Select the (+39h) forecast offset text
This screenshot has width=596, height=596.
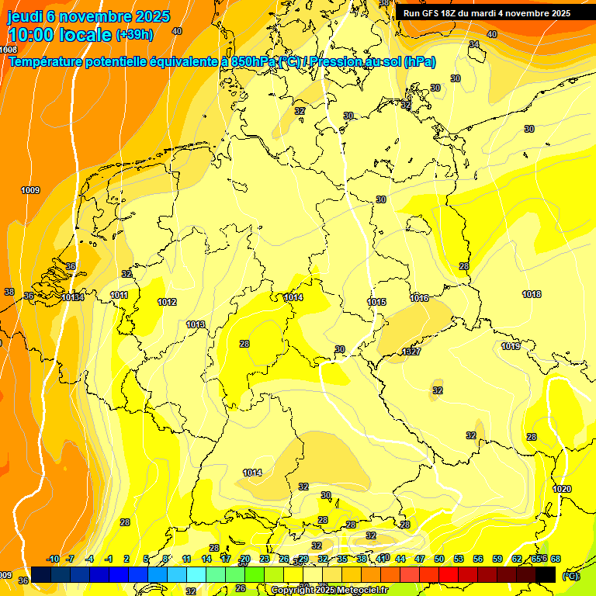click(134, 35)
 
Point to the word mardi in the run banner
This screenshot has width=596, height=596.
click(483, 13)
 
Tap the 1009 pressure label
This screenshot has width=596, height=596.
click(30, 190)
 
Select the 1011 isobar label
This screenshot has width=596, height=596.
click(119, 295)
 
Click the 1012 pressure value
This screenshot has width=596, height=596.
click(167, 302)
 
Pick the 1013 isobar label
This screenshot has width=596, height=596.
click(196, 324)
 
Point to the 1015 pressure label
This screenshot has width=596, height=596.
click(377, 302)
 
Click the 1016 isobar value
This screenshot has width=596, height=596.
click(420, 298)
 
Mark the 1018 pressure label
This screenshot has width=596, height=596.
click(532, 294)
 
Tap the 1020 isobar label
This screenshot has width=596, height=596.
click(562, 488)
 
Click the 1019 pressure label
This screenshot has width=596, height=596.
click(511, 346)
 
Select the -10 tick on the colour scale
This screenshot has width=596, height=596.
click(53, 559)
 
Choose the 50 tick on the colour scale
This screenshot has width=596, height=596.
click(439, 559)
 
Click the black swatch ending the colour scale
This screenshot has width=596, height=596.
click(546, 574)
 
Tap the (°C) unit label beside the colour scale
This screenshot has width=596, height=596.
click(571, 575)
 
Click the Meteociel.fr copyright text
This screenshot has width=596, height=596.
click(329, 590)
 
